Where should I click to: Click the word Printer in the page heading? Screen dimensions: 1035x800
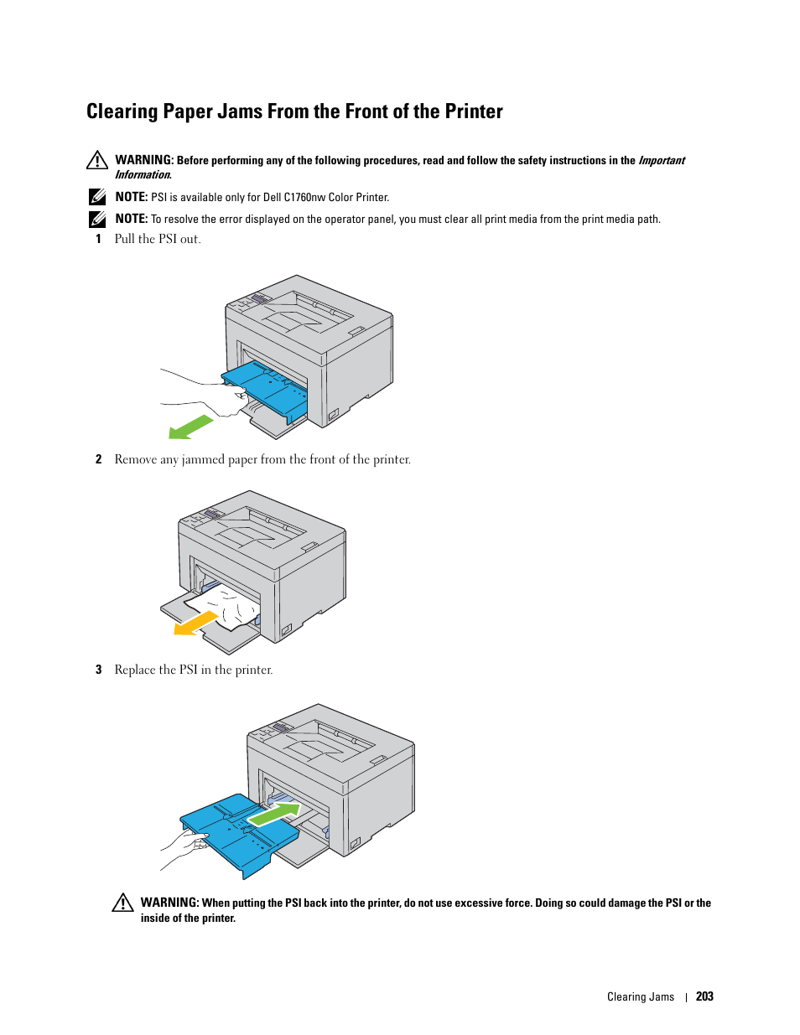click(x=474, y=111)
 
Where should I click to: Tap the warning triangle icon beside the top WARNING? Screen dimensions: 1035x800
click(x=97, y=160)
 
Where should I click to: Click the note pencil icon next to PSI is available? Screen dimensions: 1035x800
click(x=97, y=197)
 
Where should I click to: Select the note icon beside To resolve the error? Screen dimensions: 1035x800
click(x=97, y=219)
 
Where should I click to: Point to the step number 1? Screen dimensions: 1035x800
click(x=98, y=239)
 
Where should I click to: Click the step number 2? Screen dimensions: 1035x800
click(x=98, y=459)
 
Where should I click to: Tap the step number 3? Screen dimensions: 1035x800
click(x=98, y=670)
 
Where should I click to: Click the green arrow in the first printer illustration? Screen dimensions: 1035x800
click(x=190, y=427)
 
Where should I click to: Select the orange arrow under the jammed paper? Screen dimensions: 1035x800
click(x=195, y=624)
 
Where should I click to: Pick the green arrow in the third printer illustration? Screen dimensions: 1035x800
click(x=275, y=813)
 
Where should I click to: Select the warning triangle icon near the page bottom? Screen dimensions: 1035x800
click(x=122, y=903)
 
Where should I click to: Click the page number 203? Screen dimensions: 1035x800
click(x=704, y=996)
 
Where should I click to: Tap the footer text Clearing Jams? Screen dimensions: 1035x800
click(x=641, y=996)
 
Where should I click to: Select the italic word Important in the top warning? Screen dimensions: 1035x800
click(x=661, y=161)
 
